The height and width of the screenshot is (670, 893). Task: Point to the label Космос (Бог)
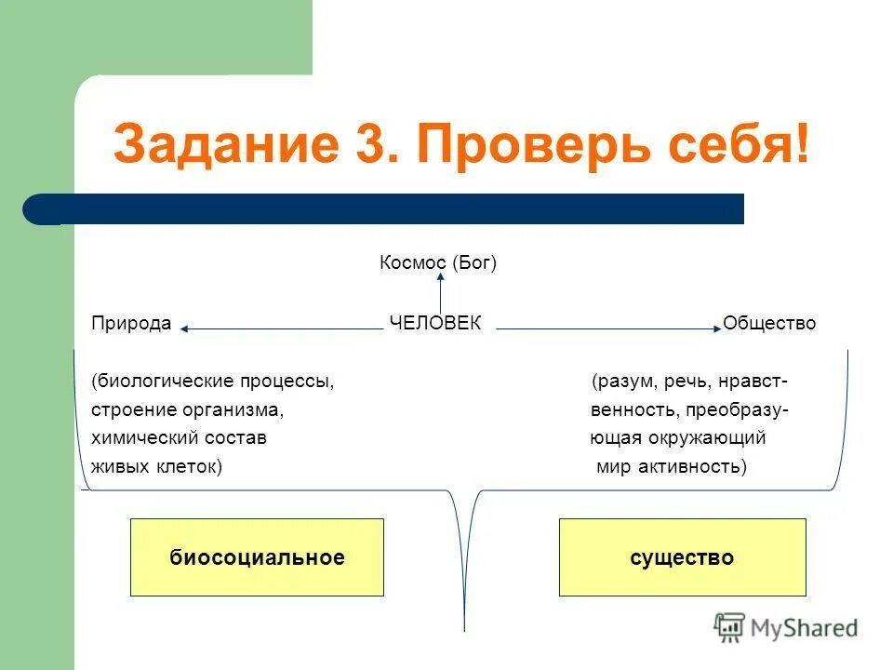click(x=438, y=263)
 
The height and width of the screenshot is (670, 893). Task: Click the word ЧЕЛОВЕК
click(x=435, y=323)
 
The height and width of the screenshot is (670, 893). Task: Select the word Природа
click(x=131, y=323)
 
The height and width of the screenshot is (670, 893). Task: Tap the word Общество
click(x=769, y=323)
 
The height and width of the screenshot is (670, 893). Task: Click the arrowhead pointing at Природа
click(x=185, y=328)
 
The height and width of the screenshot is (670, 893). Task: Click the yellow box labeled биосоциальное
click(x=257, y=557)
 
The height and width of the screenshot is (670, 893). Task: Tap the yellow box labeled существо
click(x=682, y=557)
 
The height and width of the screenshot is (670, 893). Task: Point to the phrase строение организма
click(x=187, y=409)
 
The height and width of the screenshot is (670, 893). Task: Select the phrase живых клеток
click(x=156, y=466)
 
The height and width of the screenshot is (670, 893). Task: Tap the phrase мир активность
click(x=671, y=466)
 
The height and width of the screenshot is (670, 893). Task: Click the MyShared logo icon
click(x=730, y=627)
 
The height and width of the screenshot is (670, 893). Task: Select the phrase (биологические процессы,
click(x=212, y=382)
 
